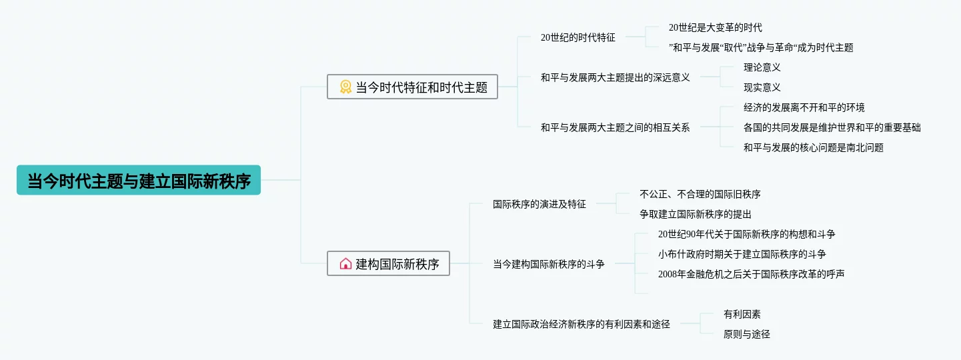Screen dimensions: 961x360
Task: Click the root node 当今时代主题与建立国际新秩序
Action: click(x=139, y=181)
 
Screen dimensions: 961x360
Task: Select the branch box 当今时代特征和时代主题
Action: click(x=412, y=87)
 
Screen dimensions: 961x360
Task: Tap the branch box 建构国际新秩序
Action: click(x=388, y=263)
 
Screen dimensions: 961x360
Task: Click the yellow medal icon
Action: click(x=345, y=87)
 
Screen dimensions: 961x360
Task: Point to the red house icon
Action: click(x=345, y=263)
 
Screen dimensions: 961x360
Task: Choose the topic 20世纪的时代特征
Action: click(x=578, y=37)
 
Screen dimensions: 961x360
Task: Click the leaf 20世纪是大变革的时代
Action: click(x=715, y=27)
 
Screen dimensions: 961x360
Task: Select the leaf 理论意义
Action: click(x=762, y=67)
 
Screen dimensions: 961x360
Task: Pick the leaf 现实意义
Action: click(x=762, y=87)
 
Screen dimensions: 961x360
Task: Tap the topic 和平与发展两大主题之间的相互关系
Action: click(x=615, y=127)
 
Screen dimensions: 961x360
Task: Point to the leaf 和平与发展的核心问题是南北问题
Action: click(x=813, y=148)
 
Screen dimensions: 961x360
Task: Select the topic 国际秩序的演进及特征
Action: click(x=539, y=204)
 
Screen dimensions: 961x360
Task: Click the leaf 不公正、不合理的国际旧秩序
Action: click(x=700, y=194)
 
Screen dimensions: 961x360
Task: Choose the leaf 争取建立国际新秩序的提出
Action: click(x=695, y=214)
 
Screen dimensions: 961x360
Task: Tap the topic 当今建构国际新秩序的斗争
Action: click(x=548, y=264)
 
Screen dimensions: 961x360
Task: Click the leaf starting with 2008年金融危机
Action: click(x=751, y=274)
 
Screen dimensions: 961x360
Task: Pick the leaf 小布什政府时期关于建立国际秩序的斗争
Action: click(x=742, y=254)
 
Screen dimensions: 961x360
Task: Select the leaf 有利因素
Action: click(x=742, y=314)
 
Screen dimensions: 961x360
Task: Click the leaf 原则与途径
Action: click(x=746, y=334)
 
